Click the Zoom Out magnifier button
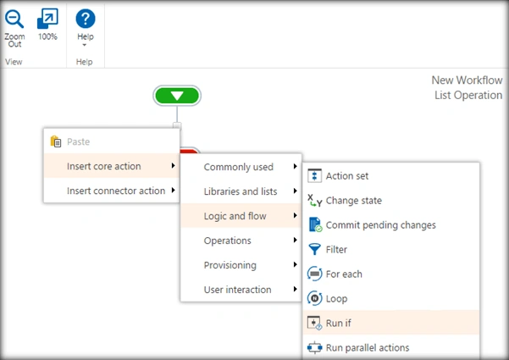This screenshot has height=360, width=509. (14, 28)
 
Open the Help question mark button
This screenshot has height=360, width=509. (86, 28)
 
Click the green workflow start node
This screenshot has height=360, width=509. (177, 96)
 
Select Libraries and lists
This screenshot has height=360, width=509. (241, 191)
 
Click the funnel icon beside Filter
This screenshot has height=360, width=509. (314, 249)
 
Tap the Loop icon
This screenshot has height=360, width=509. (314, 298)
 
